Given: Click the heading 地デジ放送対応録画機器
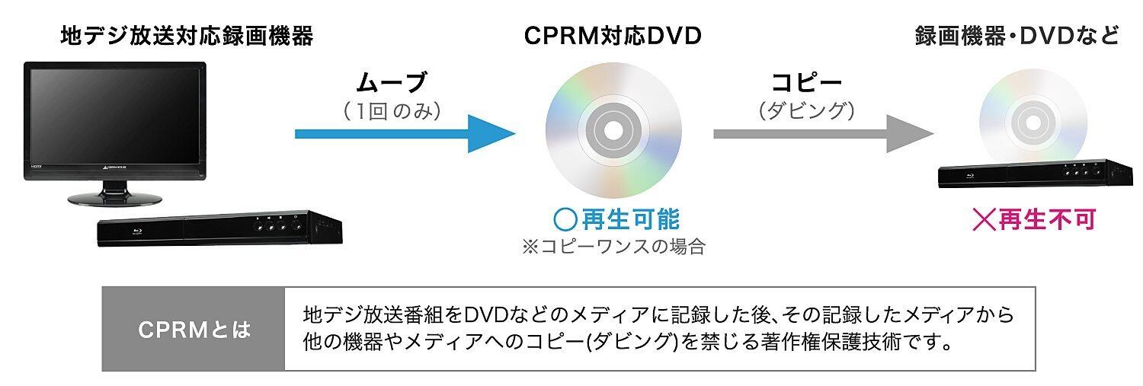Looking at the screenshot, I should pos(187,37).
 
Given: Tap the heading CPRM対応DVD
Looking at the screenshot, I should pos(613,37).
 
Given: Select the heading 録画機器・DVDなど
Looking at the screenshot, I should pos(1017,37).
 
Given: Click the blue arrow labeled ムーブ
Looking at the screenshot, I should pos(404,134).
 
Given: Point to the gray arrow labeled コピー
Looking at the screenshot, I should pos(823,134).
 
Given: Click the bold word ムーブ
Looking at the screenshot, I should pos(392,81).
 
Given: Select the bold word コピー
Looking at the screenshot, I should pos(806,81).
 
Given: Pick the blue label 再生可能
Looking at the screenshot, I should pos(629,221).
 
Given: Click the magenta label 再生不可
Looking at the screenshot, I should pos(1046,220).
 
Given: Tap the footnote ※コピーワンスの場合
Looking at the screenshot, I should pos(613,247).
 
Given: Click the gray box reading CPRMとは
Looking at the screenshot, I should pos(194,330).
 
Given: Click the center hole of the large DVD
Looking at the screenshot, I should pos(613,130).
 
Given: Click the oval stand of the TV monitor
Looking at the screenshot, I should pos(115,199).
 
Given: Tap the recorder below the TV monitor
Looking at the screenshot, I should pos(219,228).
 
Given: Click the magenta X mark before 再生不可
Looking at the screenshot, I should pos(985,220).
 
